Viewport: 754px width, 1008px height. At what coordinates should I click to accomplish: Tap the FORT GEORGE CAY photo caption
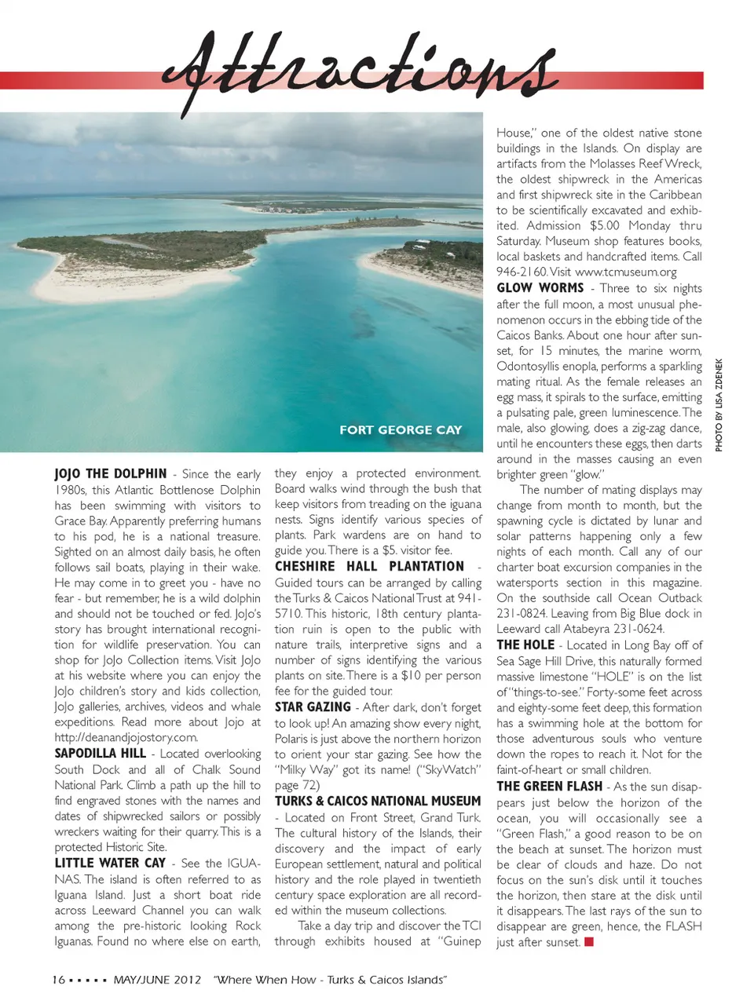[x=401, y=429]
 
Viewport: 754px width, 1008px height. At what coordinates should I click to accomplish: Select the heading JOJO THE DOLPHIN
[x=111, y=473]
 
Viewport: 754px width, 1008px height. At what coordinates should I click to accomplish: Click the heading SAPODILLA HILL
[x=101, y=753]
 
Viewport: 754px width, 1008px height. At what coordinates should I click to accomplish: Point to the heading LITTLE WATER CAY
[x=110, y=863]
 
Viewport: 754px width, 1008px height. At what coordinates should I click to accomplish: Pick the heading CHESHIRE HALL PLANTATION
[x=370, y=566]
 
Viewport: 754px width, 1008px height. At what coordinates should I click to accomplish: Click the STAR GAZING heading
[x=313, y=707]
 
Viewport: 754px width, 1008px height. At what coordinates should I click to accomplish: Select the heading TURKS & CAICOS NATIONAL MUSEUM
[x=378, y=801]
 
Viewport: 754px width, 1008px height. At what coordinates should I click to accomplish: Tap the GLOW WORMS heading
[x=540, y=288]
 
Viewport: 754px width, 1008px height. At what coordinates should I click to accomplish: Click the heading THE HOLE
[x=525, y=645]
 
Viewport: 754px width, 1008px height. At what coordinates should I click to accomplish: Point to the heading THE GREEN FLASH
[x=550, y=786]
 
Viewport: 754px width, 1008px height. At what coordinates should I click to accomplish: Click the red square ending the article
[x=589, y=941]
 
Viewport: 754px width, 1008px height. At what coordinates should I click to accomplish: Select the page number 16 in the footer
[x=58, y=980]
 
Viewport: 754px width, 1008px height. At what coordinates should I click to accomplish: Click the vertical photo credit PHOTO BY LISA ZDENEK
[x=719, y=405]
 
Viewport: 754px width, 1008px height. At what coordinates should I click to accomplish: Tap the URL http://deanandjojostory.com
[x=126, y=737]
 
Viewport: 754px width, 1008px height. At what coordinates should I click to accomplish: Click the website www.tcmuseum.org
[x=626, y=272]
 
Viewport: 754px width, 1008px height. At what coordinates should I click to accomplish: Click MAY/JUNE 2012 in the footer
[x=157, y=980]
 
